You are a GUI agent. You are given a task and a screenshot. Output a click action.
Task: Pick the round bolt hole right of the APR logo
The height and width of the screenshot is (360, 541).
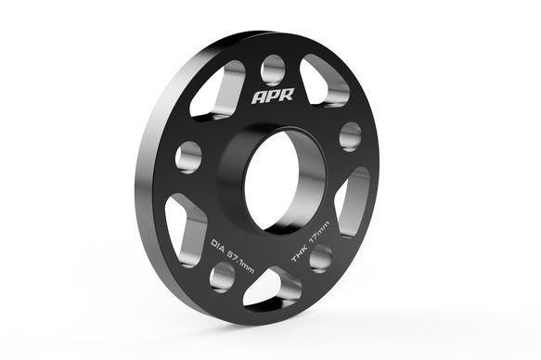(349, 135)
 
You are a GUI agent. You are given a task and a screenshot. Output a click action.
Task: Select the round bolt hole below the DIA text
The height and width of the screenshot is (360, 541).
(223, 274)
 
